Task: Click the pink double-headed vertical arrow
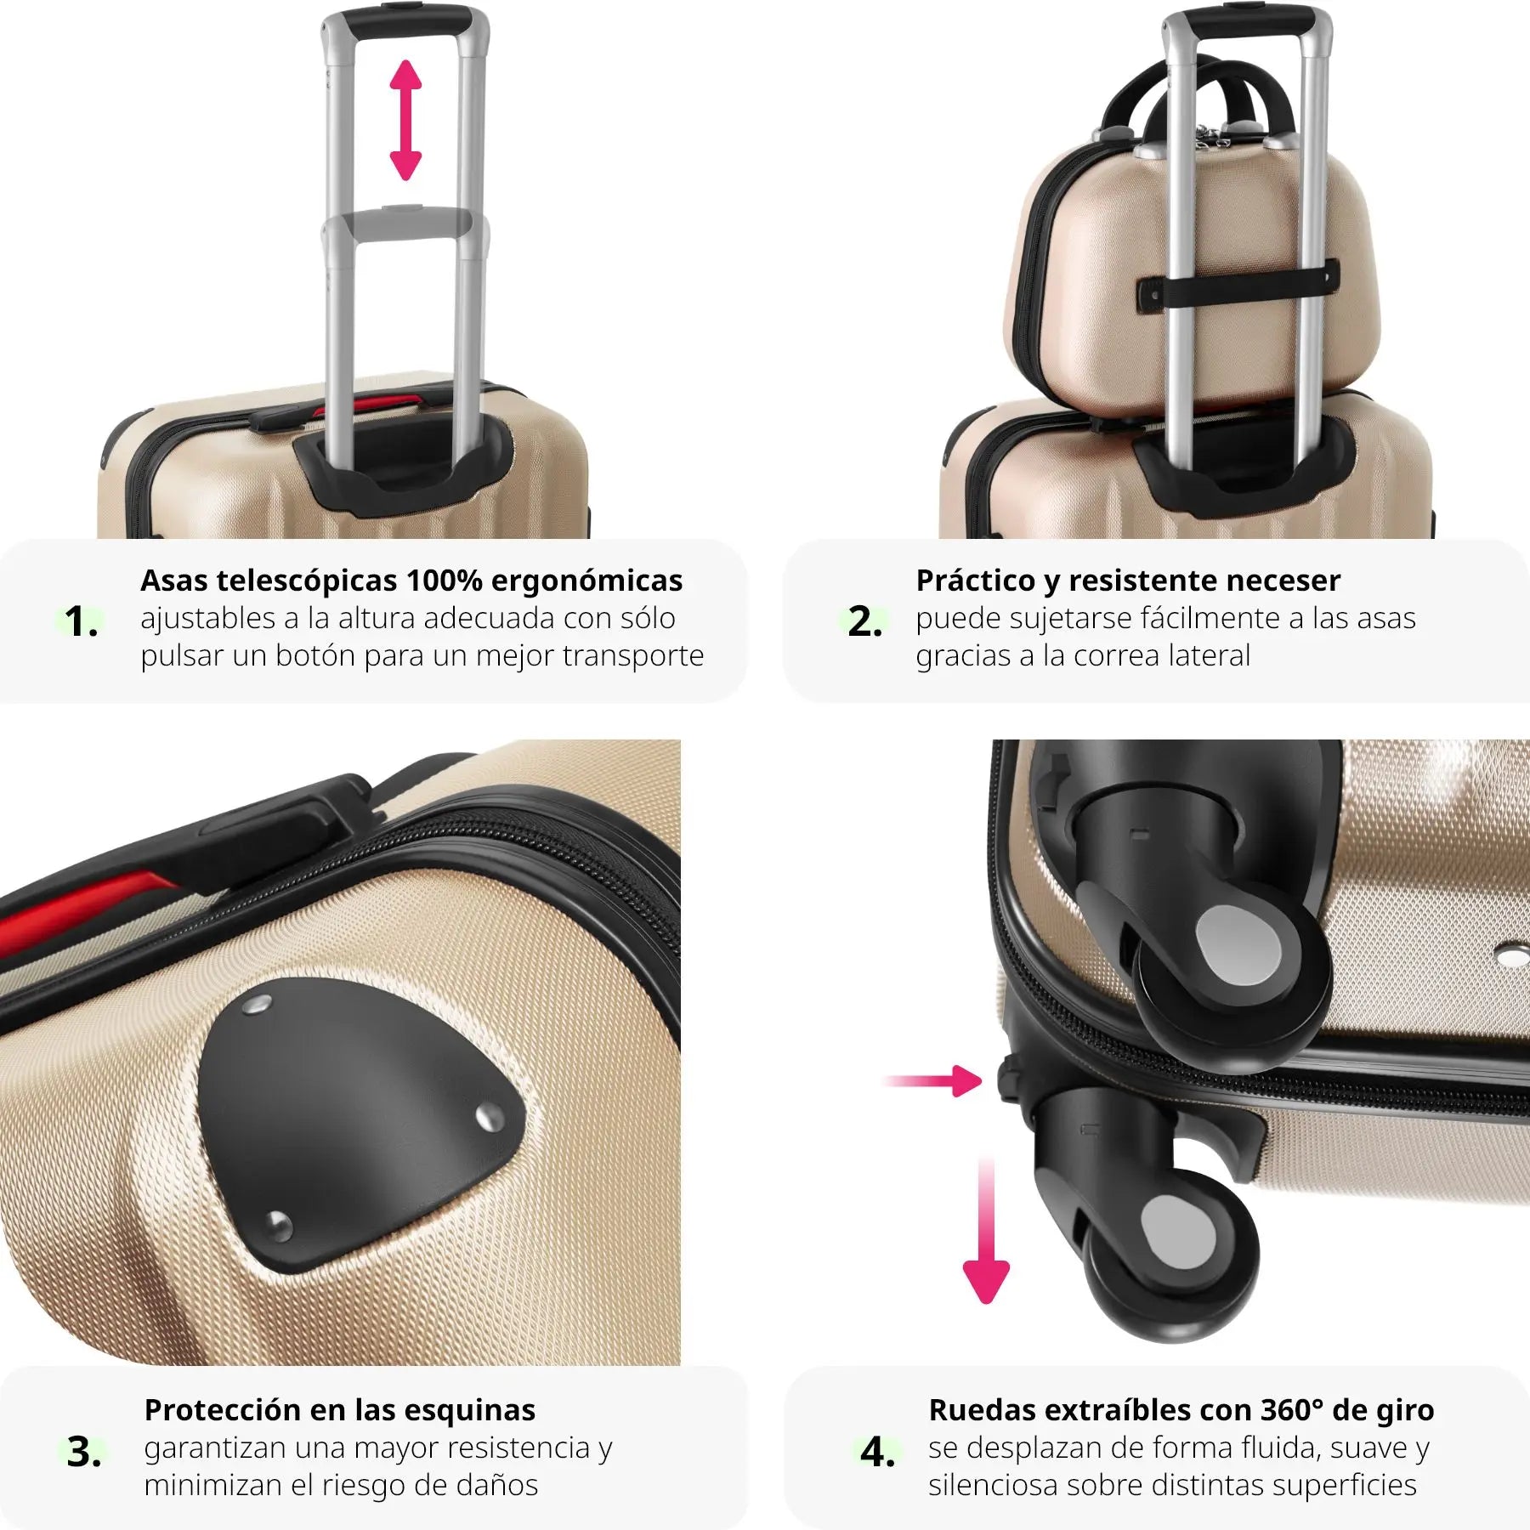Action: coord(405,120)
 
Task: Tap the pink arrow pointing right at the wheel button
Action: coord(932,1081)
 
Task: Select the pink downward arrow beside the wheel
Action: coord(986,1230)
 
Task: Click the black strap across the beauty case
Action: coord(1238,286)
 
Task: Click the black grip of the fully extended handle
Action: coord(405,21)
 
